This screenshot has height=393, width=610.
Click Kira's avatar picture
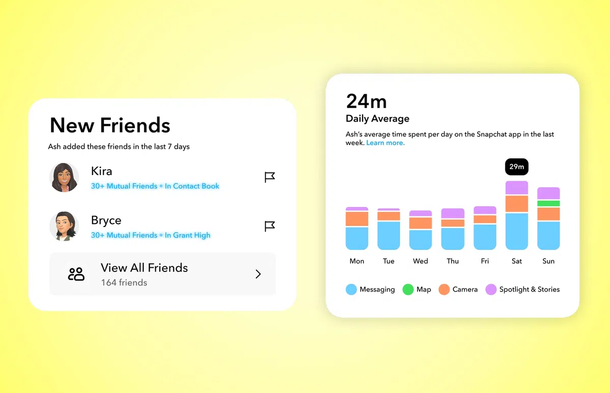[x=64, y=177]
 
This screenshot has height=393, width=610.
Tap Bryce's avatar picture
[x=64, y=226]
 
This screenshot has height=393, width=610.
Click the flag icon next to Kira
[x=270, y=177]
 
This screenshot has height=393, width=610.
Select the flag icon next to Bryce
[x=270, y=226]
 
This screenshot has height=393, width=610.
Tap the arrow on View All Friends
[x=258, y=274]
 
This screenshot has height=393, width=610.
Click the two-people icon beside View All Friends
[x=76, y=274]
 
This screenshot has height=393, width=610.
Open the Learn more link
[x=385, y=143]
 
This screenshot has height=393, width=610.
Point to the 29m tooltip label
[x=516, y=167]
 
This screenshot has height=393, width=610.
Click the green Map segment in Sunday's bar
[x=548, y=204]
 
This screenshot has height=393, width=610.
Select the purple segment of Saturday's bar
[x=516, y=188]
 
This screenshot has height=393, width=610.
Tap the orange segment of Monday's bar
[x=357, y=219]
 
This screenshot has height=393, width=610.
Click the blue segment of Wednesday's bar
[x=420, y=240]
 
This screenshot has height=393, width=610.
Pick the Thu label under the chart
[x=452, y=261]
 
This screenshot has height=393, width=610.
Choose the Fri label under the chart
[x=484, y=261]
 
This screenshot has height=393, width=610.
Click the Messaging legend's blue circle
[x=351, y=290]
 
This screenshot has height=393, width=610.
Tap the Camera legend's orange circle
[x=444, y=290]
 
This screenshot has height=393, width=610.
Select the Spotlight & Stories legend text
[x=529, y=290]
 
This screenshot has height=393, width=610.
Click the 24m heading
[x=366, y=102]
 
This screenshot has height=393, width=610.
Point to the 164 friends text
[x=124, y=283]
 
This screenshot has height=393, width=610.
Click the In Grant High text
[x=187, y=235]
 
